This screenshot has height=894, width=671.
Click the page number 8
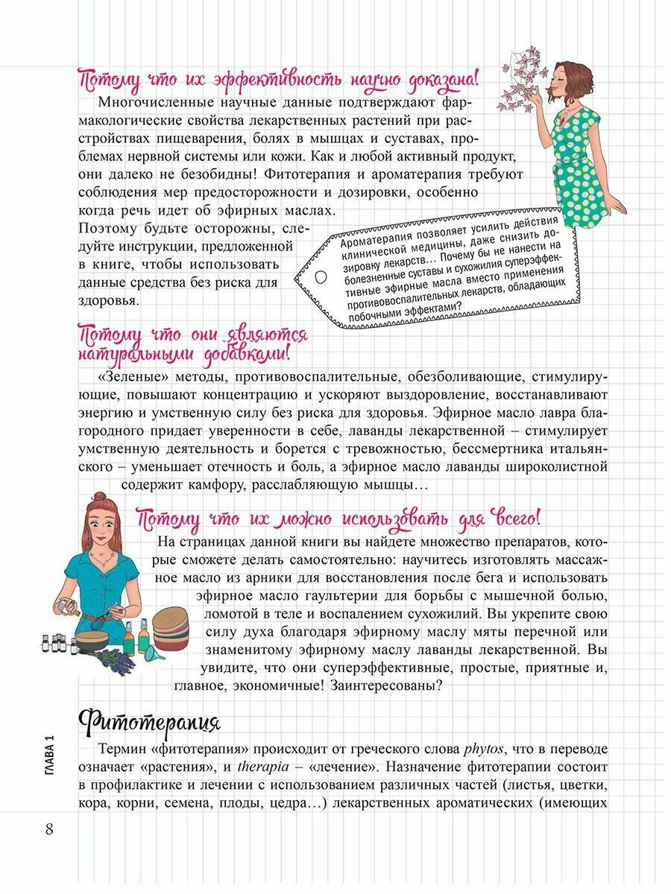coord(49,829)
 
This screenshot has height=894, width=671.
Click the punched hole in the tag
coord(321,276)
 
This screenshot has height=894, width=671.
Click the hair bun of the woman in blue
coord(99,498)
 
